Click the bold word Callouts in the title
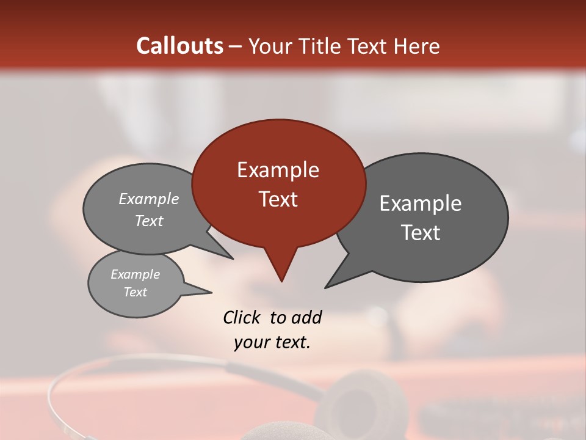[x=179, y=46]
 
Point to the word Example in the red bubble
[x=278, y=170]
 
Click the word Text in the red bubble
[x=278, y=199]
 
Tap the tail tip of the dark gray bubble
[x=328, y=285]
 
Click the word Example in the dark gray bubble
[x=420, y=204]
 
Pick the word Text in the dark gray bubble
[x=420, y=233]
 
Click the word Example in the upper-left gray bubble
[x=149, y=199]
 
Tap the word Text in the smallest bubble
[x=135, y=292]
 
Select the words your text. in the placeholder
[x=272, y=342]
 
